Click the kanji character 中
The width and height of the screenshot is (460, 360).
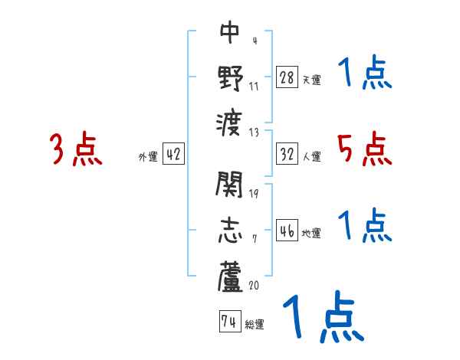[230, 32]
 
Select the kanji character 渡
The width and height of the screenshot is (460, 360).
[230, 122]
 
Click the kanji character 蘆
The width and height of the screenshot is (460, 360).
[230, 277]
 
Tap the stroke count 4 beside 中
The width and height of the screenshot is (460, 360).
[254, 41]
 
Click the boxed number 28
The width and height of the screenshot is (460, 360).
[286, 77]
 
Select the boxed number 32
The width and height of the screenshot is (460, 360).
[286, 153]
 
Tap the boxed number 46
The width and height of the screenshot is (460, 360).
[286, 231]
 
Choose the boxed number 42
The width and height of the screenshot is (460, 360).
[172, 154]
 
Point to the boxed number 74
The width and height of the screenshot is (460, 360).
[228, 322]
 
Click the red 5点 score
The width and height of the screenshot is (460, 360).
[365, 149]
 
